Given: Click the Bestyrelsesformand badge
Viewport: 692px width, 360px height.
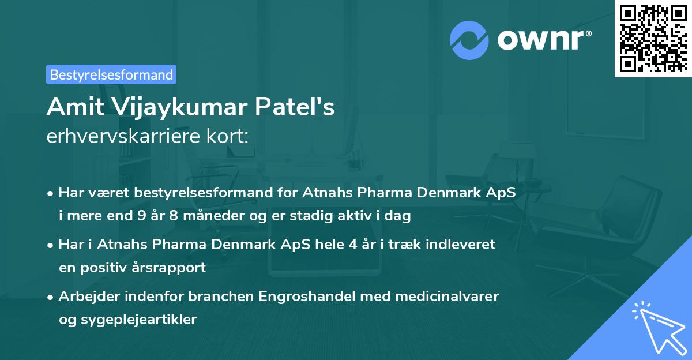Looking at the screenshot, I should tap(111, 74).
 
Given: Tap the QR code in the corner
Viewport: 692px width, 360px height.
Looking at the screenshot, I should tap(653, 38).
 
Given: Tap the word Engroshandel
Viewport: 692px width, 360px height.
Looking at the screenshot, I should tap(301, 297).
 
